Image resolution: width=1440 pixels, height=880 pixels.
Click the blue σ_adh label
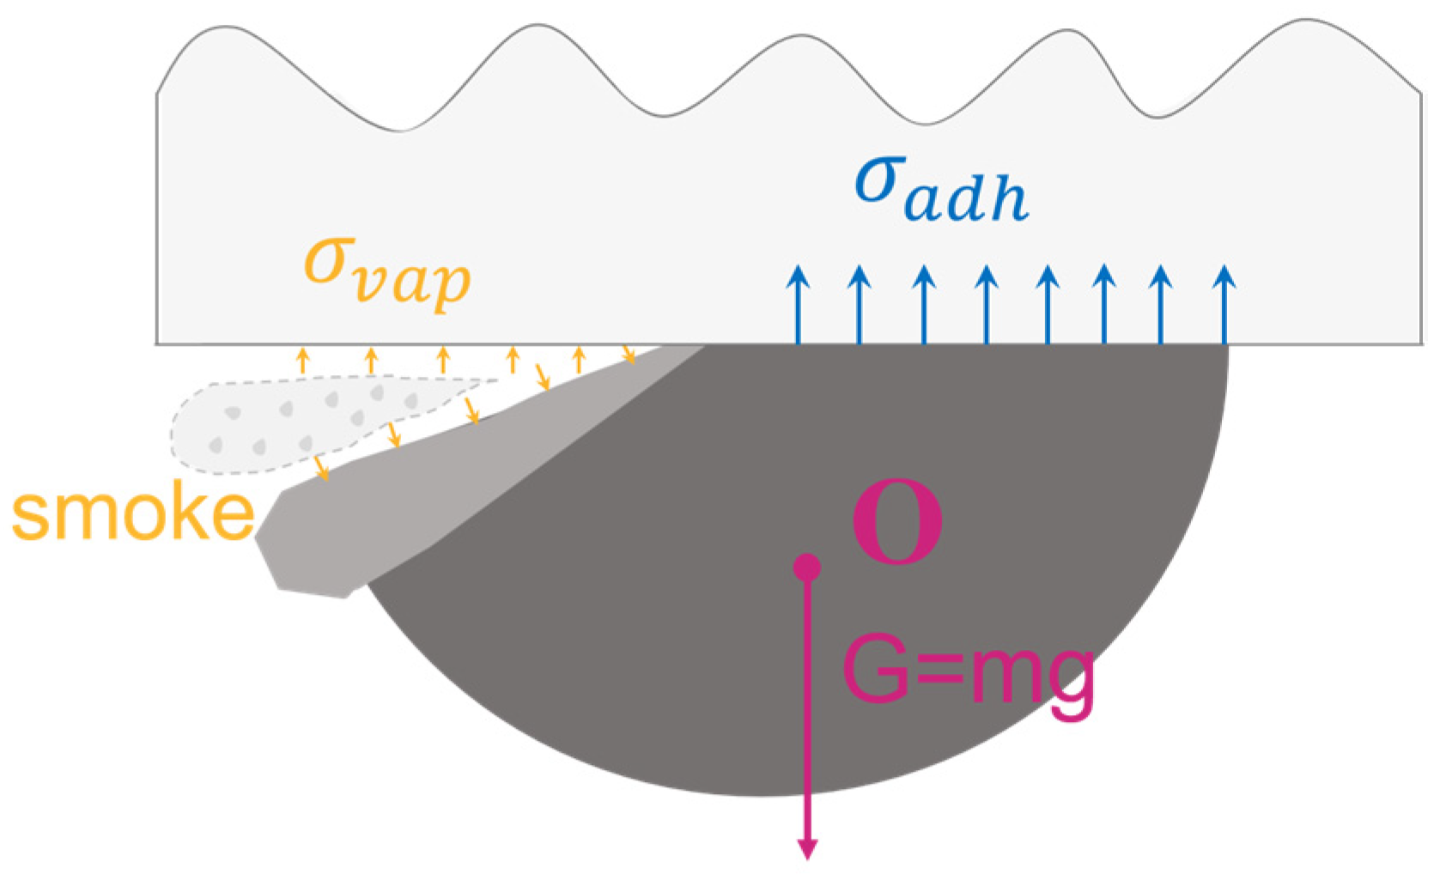tap(940, 191)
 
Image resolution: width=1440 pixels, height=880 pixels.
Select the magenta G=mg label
tap(969, 672)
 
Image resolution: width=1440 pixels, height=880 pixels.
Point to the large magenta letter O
tap(897, 521)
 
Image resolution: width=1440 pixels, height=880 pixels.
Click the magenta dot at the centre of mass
tap(806, 567)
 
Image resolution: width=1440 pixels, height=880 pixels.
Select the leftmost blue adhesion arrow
tap(799, 305)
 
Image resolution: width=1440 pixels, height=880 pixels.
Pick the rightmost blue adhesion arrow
tap(1225, 305)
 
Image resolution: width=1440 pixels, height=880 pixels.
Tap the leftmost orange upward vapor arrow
tap(302, 360)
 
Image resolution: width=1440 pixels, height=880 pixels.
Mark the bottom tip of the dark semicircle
tap(760, 795)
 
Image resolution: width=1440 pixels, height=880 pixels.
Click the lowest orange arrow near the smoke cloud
tap(322, 468)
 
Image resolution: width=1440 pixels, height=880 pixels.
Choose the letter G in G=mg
tap(876, 670)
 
